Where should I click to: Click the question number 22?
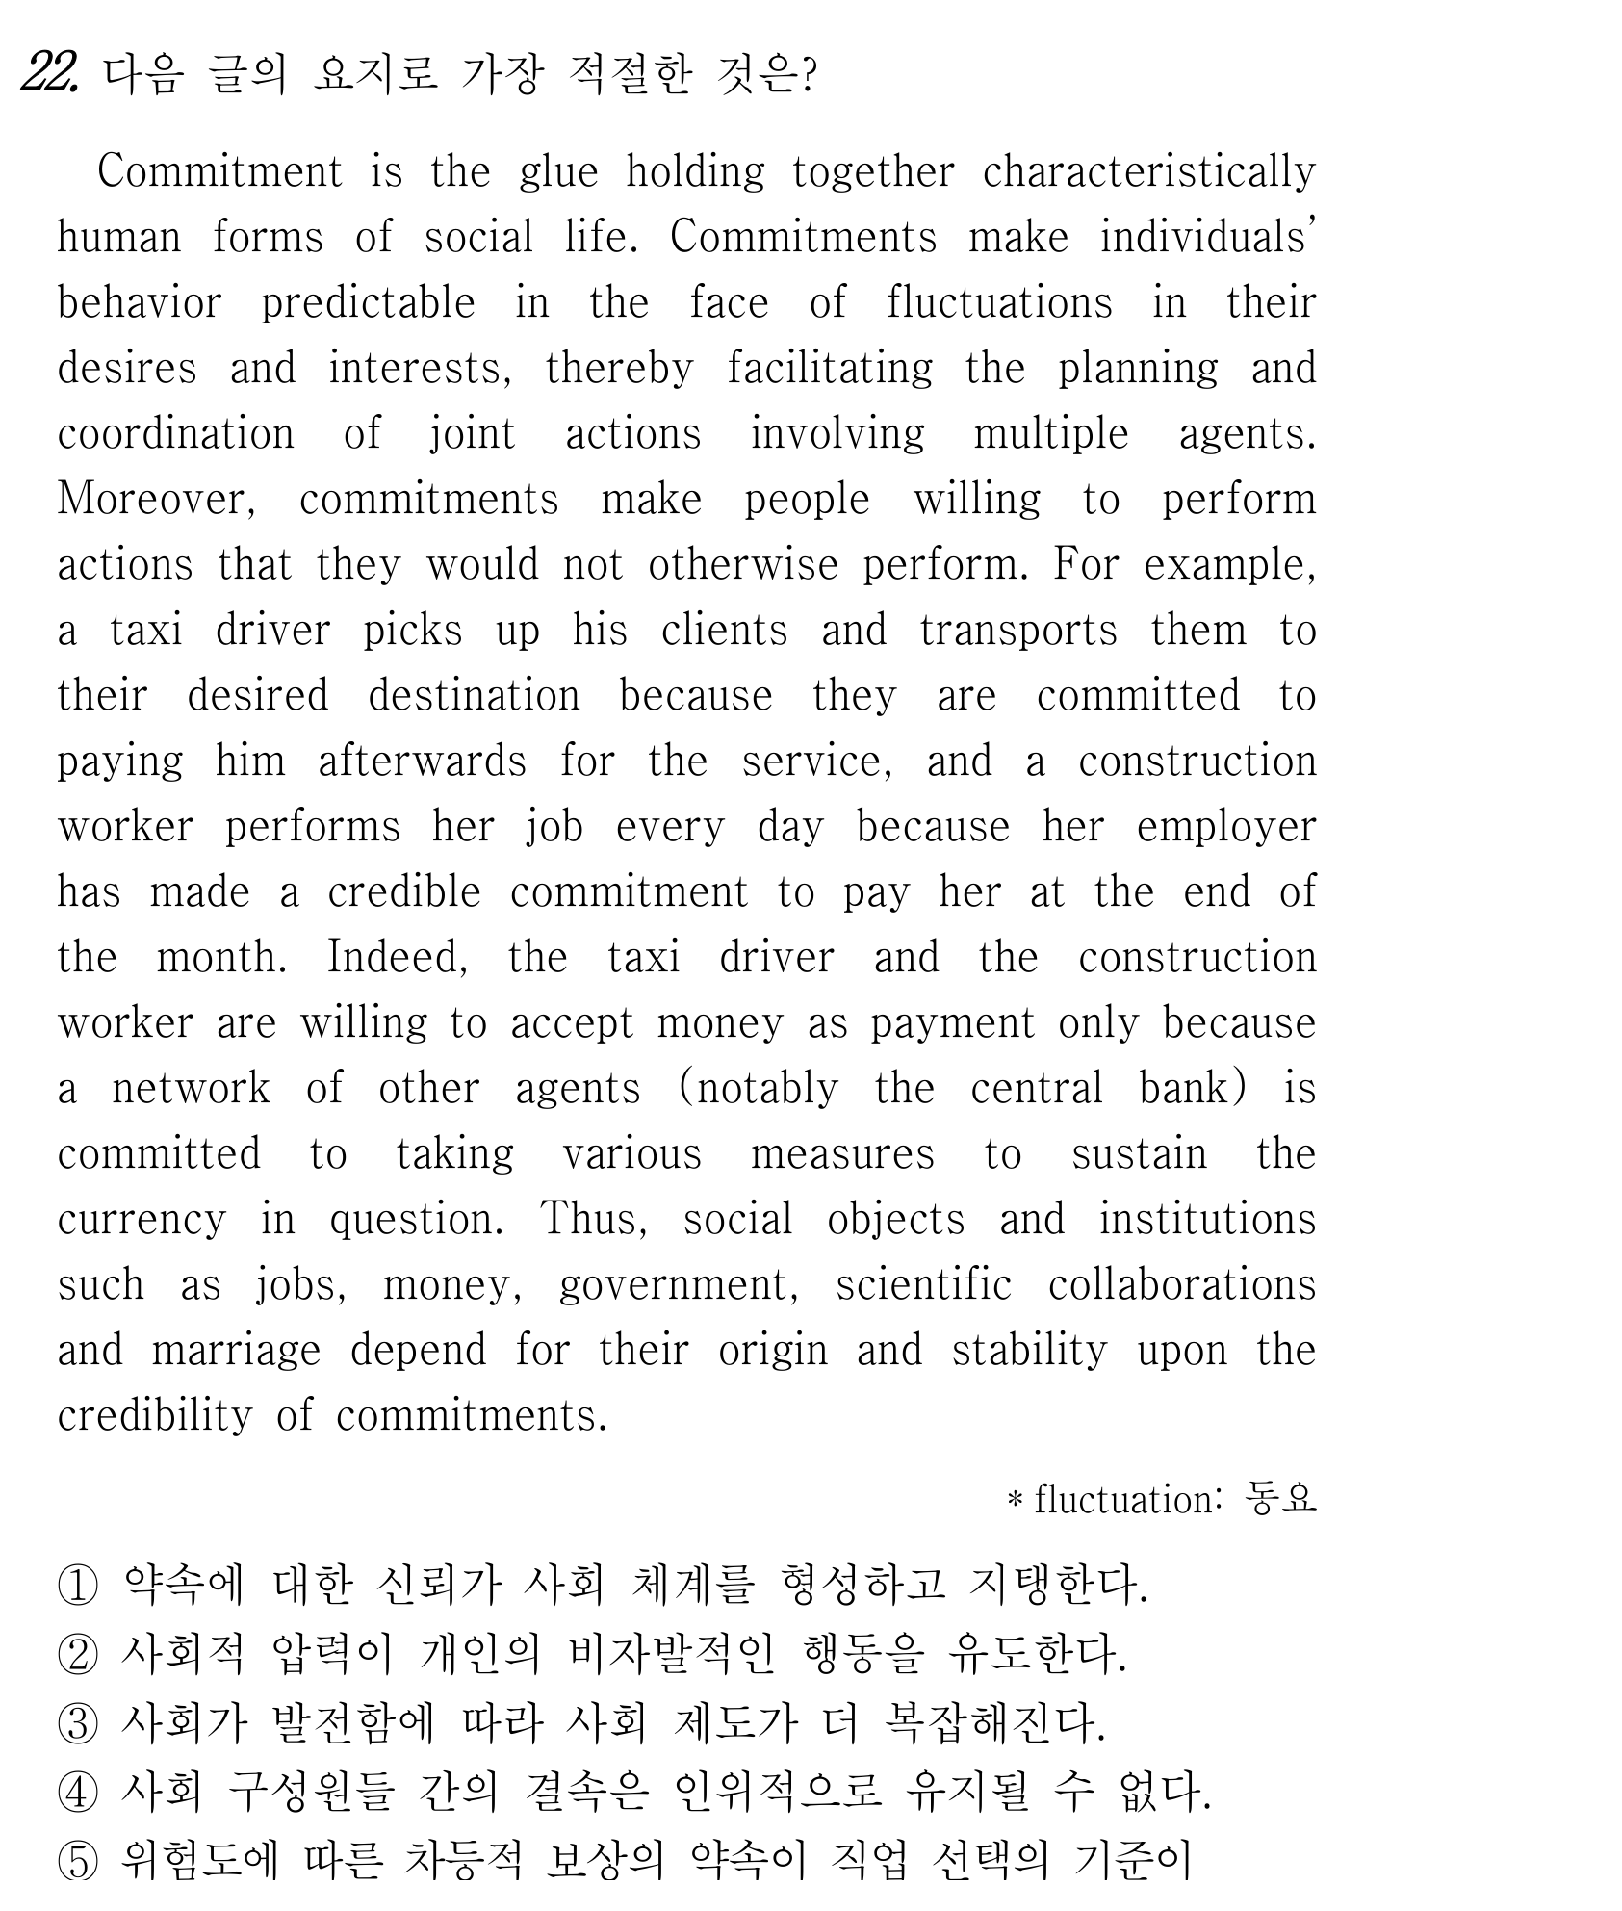(49, 73)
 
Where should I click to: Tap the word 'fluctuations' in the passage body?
(999, 303)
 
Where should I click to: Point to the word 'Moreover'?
(156, 500)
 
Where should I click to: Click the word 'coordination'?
(176, 434)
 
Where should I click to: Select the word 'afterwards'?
(422, 762)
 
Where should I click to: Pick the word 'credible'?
(403, 892)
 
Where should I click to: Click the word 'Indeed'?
(397, 958)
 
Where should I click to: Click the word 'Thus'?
(592, 1220)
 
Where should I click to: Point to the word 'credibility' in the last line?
(154, 1416)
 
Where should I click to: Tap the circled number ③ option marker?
(78, 1723)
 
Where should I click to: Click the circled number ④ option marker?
(78, 1793)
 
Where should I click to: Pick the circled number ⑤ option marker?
(78, 1862)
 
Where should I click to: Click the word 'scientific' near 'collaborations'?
(923, 1285)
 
